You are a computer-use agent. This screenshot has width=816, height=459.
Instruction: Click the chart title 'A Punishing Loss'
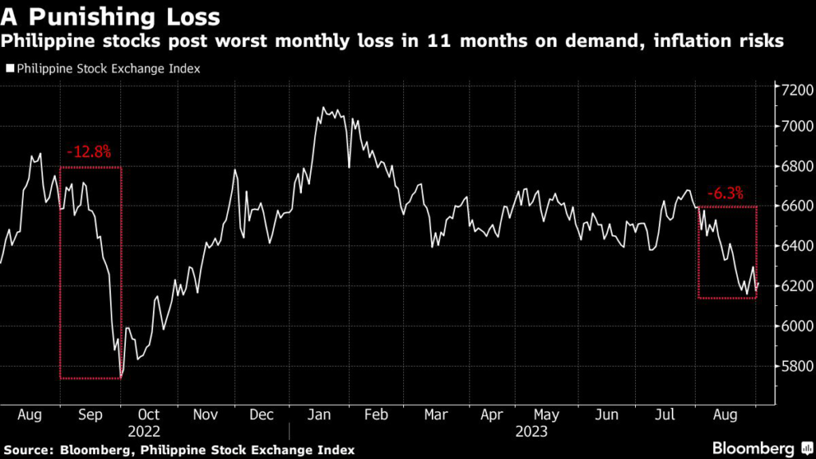point(111,16)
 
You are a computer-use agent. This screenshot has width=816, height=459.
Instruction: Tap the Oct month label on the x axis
point(148,415)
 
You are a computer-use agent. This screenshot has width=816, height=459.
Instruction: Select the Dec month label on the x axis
point(261,415)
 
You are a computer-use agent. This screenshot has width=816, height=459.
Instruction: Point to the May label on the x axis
point(546,415)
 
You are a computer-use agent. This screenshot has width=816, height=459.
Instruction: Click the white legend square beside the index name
point(10,69)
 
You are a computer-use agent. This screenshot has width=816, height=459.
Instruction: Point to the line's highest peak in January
point(324,107)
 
